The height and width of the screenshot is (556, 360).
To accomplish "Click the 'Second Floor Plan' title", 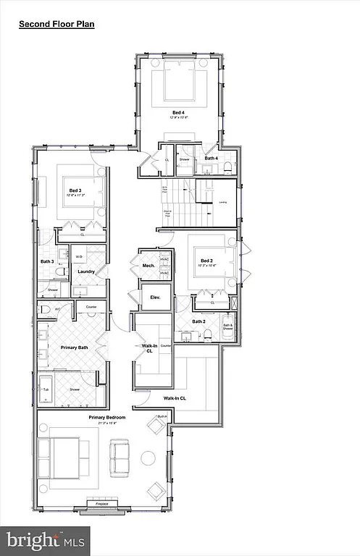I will pos(56,24).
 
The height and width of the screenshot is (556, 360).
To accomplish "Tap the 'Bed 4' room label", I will pos(178,112).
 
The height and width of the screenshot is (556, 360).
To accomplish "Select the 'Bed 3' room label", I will pos(74,190).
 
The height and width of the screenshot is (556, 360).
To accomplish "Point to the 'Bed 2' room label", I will pos(206,261).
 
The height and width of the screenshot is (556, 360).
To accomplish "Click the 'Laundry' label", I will pos(87,272).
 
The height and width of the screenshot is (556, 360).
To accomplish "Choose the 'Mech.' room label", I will pos(149,266).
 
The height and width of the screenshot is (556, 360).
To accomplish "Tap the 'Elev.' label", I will pos(154,298).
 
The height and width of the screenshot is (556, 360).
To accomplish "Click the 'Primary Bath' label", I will pos(72,347).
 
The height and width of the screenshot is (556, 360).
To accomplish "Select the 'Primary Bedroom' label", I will pos(107,418).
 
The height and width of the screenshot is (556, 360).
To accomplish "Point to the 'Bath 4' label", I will pos(211,158).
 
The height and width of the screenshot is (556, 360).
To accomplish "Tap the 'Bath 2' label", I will pos(199,321).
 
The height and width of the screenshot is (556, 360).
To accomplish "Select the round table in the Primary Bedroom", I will pos(148,458).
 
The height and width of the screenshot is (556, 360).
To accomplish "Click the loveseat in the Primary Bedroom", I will pos(119,457).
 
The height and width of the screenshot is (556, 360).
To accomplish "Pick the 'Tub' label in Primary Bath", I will pos(46,389).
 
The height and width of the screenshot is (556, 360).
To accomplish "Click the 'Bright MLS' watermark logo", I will pos(45,539).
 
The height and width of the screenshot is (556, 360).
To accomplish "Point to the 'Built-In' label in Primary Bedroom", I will pos(162,416).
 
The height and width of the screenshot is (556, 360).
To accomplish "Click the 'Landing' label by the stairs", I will pos(224,202).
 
